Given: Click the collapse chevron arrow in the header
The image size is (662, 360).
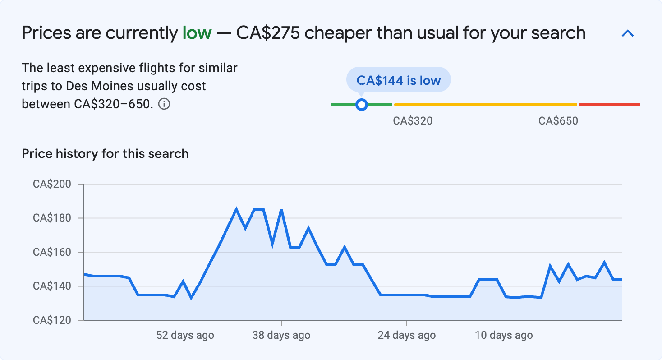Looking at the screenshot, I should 628,33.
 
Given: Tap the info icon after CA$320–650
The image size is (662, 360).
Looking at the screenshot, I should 165,104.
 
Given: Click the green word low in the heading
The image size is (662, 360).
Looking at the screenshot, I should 197,33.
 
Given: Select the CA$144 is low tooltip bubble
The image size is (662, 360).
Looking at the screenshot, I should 398,80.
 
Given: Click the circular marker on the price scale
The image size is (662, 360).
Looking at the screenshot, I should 361,105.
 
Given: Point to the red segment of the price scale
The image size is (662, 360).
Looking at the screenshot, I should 609,105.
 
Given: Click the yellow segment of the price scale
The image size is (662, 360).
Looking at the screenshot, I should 485,105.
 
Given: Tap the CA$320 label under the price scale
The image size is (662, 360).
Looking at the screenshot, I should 413,121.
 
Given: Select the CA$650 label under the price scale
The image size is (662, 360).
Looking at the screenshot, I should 558,121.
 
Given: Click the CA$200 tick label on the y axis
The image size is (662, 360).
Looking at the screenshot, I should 52,184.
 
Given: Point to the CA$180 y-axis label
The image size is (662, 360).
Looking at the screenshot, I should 52,218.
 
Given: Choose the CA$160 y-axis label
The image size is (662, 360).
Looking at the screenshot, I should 52,252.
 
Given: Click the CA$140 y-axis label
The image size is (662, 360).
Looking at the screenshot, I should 52,286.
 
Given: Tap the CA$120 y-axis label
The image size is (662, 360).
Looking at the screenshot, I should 52,320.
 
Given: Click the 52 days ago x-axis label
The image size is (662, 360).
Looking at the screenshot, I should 185,335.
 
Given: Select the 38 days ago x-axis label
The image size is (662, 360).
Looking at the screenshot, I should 281,335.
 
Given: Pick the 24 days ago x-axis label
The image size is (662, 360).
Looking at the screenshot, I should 406,335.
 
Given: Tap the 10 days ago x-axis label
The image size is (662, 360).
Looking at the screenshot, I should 503,335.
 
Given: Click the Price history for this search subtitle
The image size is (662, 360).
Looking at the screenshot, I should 105,154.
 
